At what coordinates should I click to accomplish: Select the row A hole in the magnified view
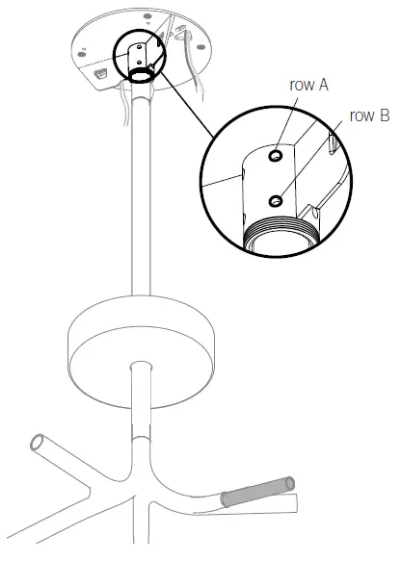pos(276,154)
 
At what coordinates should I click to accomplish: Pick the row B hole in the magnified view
pos(276,199)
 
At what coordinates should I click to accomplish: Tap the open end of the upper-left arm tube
pos(40,443)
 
